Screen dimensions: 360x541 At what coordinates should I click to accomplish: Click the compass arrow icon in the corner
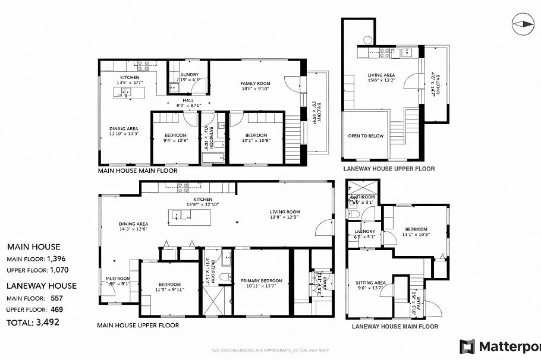pos(524,24)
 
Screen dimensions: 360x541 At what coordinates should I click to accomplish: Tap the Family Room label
pos(255,83)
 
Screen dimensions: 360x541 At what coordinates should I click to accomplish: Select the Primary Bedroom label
pos(261,280)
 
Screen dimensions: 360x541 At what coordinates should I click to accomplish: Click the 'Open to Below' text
pos(366,136)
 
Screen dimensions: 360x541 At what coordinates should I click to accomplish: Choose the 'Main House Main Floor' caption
pos(137,170)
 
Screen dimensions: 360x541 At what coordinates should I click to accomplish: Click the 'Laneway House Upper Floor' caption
pos(388,169)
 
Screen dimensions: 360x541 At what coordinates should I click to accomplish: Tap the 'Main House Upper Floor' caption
pos(138,325)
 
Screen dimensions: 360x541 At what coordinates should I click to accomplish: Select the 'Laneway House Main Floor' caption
pos(395,326)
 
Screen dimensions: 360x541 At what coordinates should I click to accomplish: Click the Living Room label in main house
pos(285,211)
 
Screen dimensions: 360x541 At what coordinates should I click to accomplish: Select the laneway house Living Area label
pos(381,75)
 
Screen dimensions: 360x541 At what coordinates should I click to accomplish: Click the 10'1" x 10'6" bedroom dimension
pos(257,141)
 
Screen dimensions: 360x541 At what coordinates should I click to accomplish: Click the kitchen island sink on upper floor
pos(177,216)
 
